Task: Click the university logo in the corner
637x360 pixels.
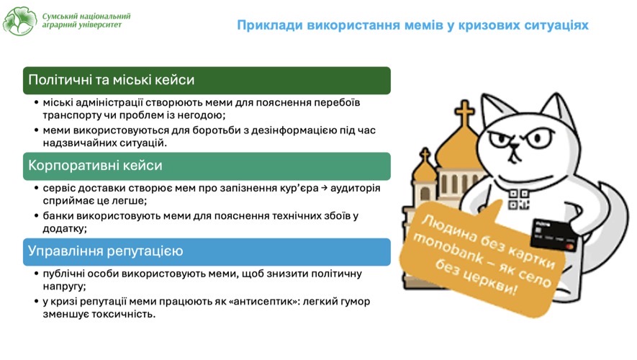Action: coord(19,21)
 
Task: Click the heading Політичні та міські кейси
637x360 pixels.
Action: coord(112,80)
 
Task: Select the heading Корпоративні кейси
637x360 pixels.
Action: coord(95,166)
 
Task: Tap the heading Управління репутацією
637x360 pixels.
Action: coord(106,251)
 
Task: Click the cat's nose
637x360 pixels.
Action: coord(515,147)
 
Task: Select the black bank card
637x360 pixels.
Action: coord(554,235)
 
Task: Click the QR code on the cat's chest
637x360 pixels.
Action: coord(519,199)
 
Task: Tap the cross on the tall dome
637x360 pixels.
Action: coord(464,112)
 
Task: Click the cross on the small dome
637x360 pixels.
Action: coord(425,155)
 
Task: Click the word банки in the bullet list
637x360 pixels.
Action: coord(58,216)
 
